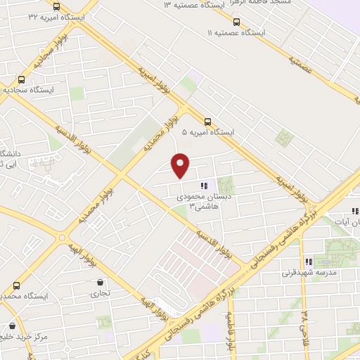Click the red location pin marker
pos(181,165)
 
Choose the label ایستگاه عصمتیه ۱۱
pos(236,33)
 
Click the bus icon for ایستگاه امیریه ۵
pos(207,121)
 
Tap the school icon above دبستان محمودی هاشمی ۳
pos(204,186)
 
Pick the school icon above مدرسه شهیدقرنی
pos(308,262)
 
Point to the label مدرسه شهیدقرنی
pos(310,272)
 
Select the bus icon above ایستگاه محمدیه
pos(17,285)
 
